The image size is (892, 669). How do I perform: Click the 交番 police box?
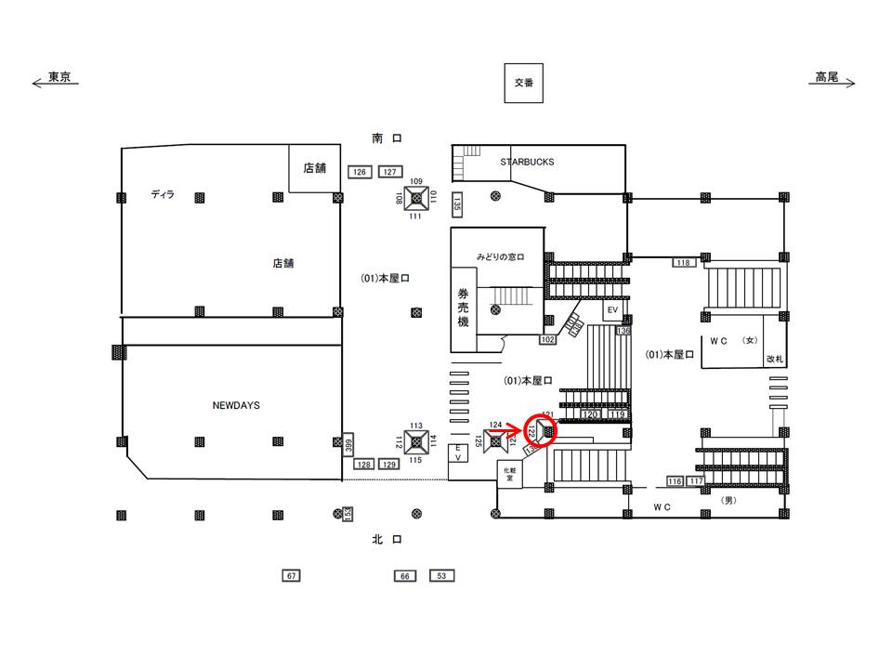point(523,83)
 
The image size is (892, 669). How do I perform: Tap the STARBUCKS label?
point(527,162)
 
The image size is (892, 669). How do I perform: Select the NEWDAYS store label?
point(236,406)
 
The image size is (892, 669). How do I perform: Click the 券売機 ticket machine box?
point(463,308)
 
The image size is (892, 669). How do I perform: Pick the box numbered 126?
point(360,172)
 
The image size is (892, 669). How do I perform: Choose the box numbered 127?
point(389,172)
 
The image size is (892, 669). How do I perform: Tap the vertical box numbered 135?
point(457,203)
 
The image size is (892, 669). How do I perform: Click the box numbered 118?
point(684,263)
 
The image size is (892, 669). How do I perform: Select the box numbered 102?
point(547,340)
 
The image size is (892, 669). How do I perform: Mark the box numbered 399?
point(348,444)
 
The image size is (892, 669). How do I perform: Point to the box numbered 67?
point(292,576)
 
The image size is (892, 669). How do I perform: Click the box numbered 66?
point(404,576)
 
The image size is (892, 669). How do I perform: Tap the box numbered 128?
point(364,464)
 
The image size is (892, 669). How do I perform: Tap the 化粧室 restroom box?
point(509,473)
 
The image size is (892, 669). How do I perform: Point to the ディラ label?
point(163,194)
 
